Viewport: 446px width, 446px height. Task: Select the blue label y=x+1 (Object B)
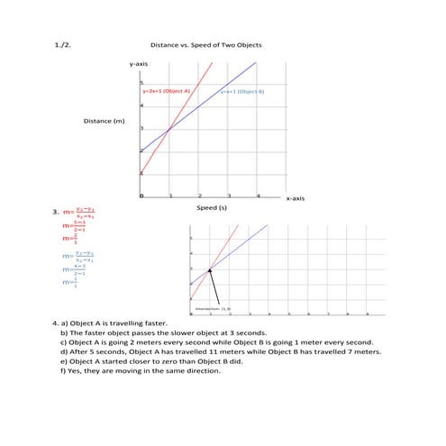tap(242, 91)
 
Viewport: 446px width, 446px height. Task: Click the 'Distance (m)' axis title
tap(104, 120)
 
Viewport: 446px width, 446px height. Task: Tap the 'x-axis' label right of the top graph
tap(296, 197)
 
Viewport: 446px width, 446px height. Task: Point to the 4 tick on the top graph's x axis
tap(258, 195)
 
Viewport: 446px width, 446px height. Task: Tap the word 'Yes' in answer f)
tap(77, 369)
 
